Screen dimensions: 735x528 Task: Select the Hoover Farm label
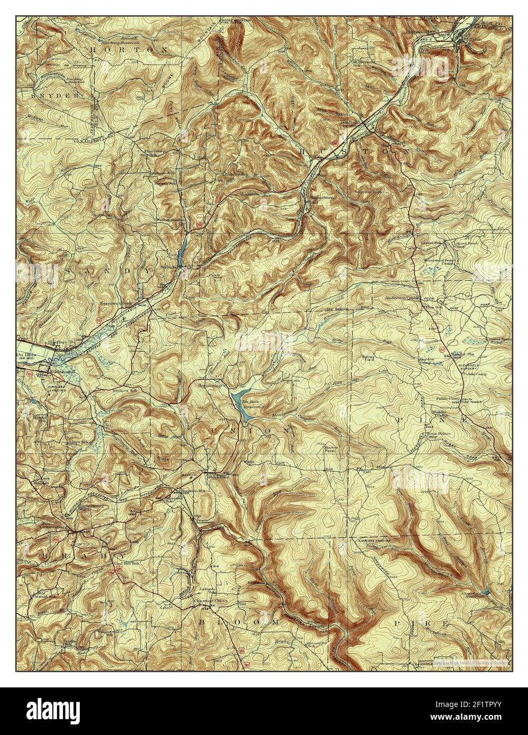click(x=331, y=448)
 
